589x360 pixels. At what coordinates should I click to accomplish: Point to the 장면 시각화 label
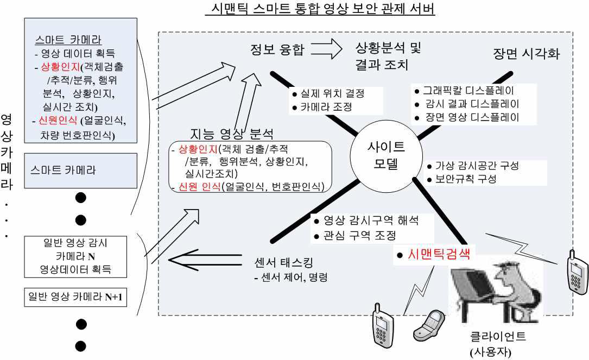pos(526,54)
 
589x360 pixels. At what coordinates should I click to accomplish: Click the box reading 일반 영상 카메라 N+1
pos(77,297)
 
